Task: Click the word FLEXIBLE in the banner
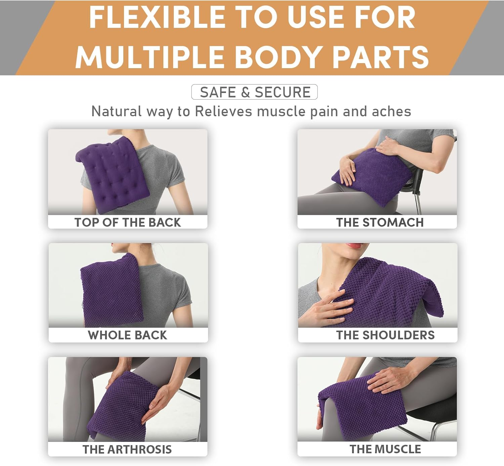coord(157,18)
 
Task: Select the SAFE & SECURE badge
coord(254,92)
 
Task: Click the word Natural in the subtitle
coord(116,111)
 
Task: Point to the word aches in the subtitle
coord(391,111)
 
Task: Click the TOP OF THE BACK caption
coord(128,223)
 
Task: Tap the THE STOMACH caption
coord(380,223)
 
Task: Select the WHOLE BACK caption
coord(127,335)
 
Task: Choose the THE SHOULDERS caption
coord(385,335)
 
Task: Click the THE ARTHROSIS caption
coord(127,450)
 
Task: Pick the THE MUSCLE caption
coord(385,449)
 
